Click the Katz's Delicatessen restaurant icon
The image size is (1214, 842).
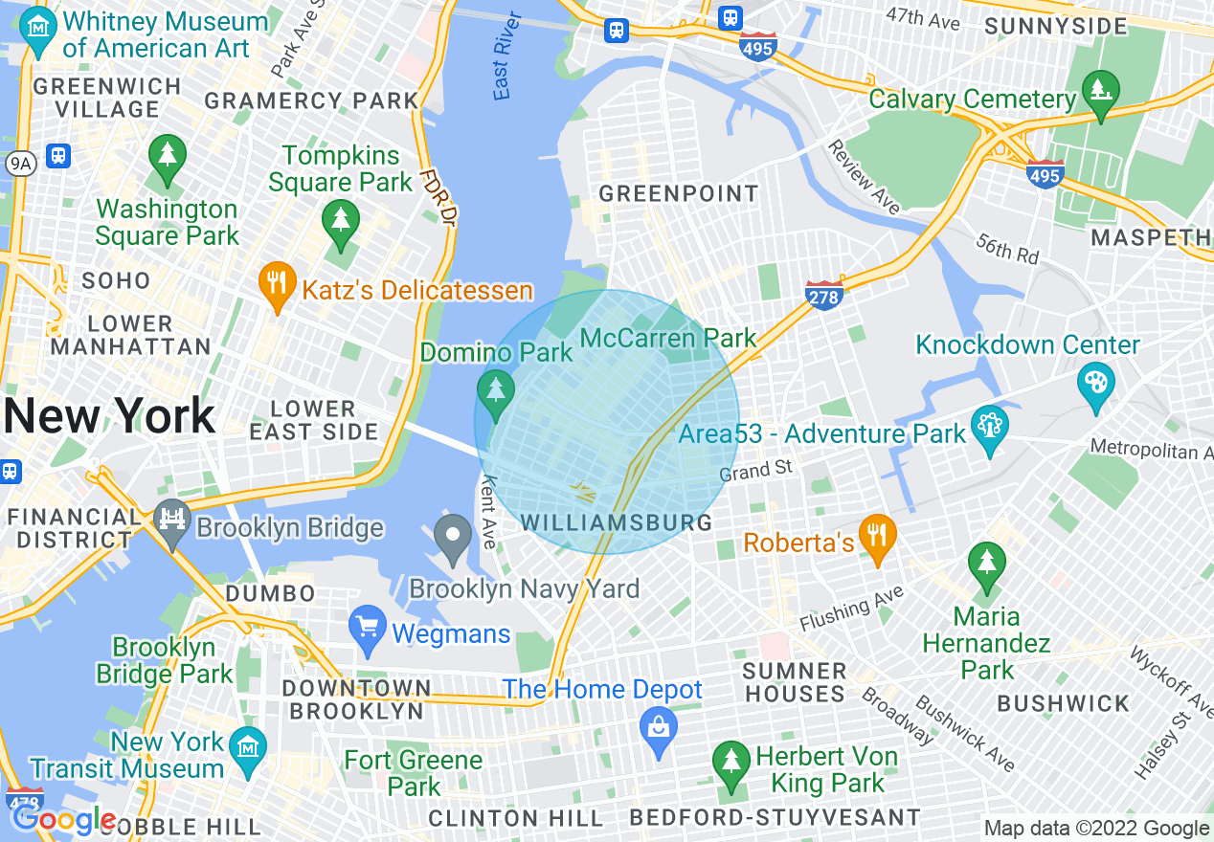277,283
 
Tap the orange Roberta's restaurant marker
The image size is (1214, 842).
876,536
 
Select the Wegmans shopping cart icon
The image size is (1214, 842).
368,627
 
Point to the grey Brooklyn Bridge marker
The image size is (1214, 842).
172,521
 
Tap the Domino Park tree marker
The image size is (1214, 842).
495,391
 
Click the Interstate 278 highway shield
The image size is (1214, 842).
823,296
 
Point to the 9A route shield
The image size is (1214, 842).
20,164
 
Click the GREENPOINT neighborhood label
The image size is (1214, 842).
678,194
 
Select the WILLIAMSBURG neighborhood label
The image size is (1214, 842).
617,522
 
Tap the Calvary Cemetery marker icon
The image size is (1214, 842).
1100,92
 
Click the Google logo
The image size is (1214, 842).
64,820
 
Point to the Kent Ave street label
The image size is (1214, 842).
488,513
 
